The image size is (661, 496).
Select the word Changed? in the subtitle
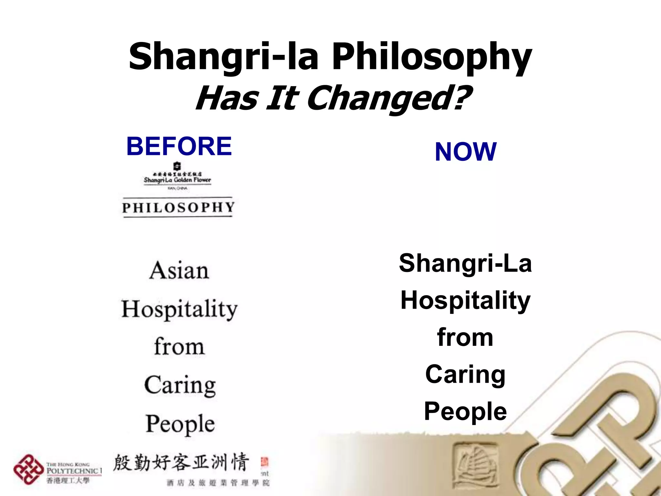389,98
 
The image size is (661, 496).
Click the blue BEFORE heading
179,146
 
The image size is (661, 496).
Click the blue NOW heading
465,152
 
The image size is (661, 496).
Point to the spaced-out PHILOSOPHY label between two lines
178,207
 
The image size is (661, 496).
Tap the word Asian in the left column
179,271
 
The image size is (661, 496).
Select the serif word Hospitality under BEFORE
179,309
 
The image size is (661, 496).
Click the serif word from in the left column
179,346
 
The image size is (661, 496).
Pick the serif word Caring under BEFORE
180,385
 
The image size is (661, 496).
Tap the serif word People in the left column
180,424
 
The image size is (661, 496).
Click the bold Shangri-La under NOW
465,263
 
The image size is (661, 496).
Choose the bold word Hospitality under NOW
465,301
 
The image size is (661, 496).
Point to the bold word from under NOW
465,338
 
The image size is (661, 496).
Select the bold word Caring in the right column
465,375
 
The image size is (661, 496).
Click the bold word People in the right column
465,412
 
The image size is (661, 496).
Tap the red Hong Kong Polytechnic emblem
28,469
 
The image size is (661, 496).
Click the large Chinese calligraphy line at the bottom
181,462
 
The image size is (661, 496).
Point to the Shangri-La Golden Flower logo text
177,180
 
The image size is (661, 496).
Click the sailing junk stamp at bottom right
475,464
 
